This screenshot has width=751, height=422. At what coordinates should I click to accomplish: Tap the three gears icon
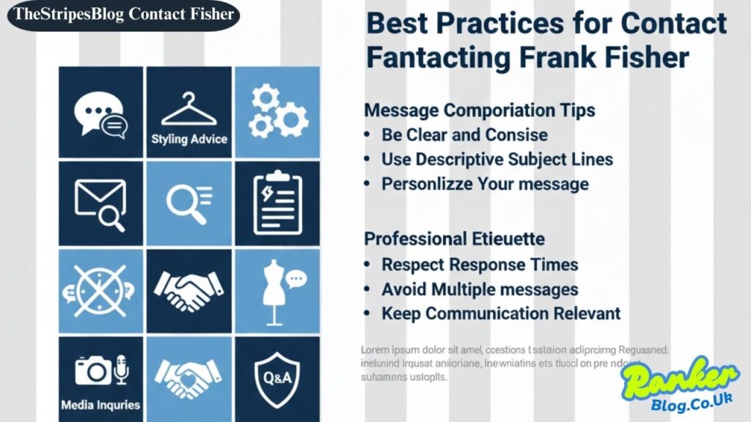tap(278, 112)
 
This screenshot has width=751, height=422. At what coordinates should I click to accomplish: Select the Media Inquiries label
tap(100, 404)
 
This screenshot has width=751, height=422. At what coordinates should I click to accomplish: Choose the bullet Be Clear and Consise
tap(464, 135)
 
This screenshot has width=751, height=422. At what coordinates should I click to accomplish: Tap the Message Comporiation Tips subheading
tap(480, 111)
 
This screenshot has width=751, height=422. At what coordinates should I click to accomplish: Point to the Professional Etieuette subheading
tap(454, 239)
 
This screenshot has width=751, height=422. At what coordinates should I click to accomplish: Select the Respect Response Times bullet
tap(480, 264)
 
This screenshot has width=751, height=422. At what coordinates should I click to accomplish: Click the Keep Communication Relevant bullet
tap(501, 314)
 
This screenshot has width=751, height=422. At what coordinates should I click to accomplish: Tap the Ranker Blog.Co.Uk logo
tap(678, 385)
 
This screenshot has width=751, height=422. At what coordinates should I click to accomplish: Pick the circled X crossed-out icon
tap(100, 290)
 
